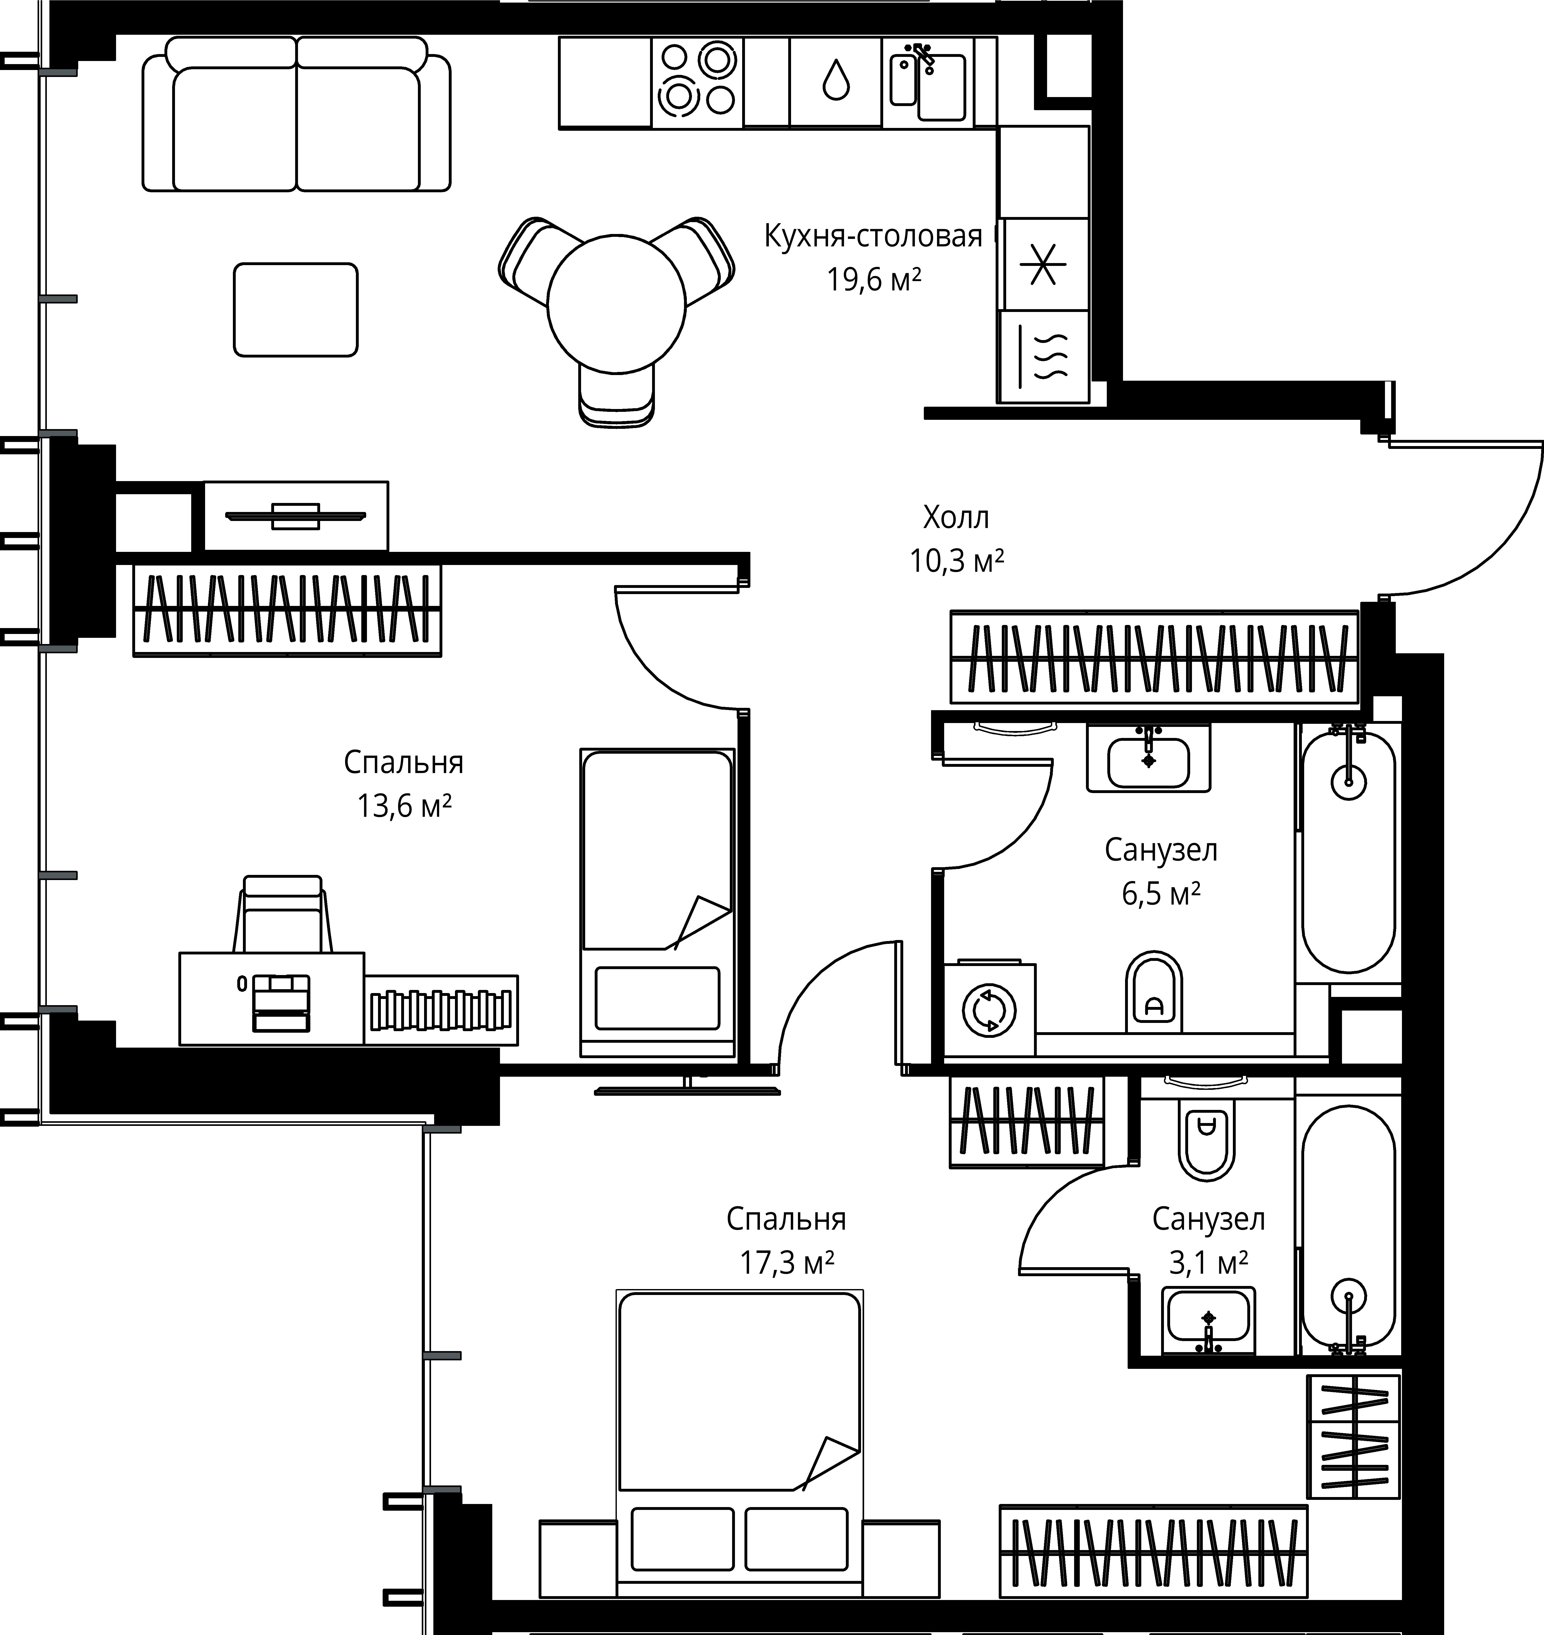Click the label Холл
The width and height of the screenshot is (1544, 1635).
(x=955, y=518)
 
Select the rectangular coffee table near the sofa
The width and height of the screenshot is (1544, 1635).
(x=295, y=310)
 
